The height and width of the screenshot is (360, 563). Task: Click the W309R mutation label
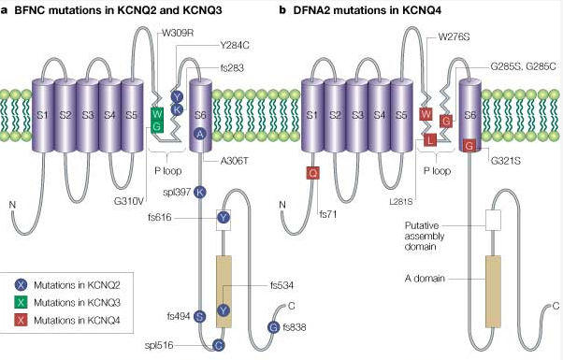178,33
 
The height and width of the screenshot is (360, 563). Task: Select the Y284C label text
235,46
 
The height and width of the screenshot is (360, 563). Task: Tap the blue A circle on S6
200,134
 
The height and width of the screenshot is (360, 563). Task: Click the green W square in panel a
157,113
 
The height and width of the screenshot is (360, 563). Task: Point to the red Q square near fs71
312,173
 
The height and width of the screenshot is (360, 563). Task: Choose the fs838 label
295,327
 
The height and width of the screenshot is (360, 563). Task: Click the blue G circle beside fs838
274,327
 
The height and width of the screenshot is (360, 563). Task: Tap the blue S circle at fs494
200,316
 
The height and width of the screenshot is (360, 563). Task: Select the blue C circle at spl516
218,345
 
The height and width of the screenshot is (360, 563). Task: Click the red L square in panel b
430,139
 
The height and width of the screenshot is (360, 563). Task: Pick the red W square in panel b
426,114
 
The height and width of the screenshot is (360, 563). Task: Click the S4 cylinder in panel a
109,115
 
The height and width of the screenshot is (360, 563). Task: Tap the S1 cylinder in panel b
312,115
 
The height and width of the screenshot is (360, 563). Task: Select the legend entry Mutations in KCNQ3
77,303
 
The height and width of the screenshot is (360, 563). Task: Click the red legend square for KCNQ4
22,320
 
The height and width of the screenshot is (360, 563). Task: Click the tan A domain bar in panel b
493,291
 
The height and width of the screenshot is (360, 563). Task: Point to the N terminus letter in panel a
12,205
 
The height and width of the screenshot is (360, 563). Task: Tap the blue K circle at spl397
200,193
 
